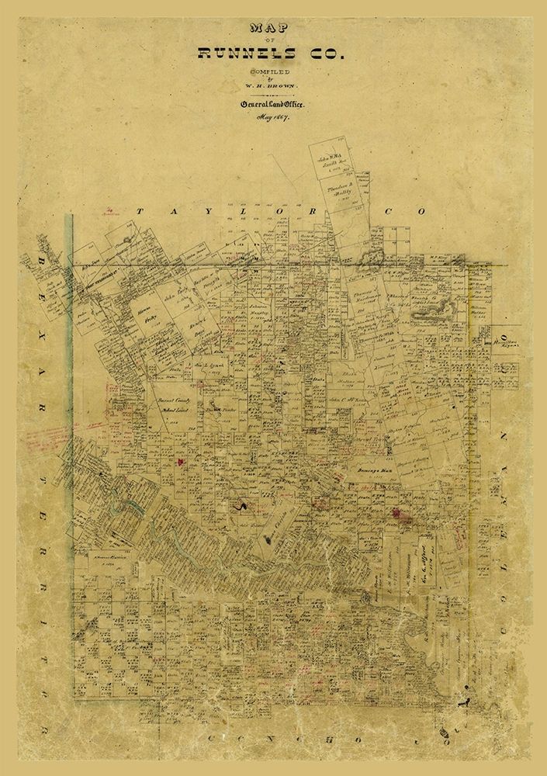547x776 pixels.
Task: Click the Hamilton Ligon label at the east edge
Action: pyautogui.click(x=500, y=341)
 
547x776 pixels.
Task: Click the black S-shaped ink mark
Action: pyautogui.click(x=244, y=506)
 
